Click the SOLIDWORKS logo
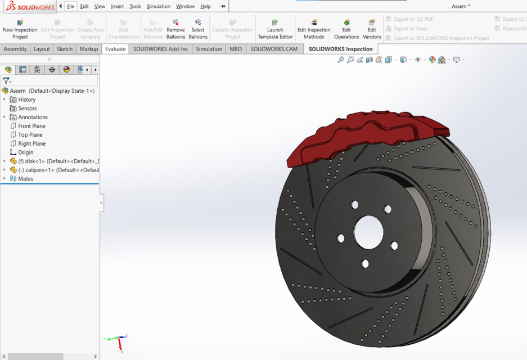[x=30, y=7]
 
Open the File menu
[x=70, y=6]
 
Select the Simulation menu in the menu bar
[x=158, y=6]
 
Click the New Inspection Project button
[x=20, y=29]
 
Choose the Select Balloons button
[x=198, y=29]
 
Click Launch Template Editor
[x=275, y=29]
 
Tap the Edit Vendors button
[x=372, y=29]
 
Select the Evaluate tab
[x=115, y=49]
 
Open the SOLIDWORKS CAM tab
[x=274, y=49]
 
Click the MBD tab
[x=236, y=49]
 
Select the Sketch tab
[x=65, y=49]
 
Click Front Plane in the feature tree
[x=31, y=126]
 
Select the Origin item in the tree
[x=25, y=152]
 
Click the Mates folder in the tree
[x=25, y=179]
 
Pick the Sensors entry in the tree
[x=27, y=109]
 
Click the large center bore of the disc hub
[x=368, y=231]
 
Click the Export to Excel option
[x=410, y=29]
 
